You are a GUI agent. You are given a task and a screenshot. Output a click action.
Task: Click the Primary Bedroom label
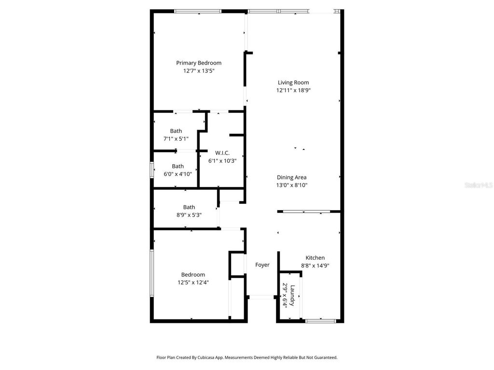click(199, 63)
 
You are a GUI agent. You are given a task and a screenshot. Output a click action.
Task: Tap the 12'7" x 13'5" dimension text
click(199, 71)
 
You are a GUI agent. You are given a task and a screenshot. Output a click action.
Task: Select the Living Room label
click(293, 82)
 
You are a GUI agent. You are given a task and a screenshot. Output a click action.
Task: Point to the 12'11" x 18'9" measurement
click(293, 90)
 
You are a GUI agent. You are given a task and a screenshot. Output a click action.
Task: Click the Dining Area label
click(291, 177)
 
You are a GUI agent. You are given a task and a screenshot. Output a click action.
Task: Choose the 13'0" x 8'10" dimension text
click(291, 185)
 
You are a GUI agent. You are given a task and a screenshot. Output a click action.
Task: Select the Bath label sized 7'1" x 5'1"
click(176, 131)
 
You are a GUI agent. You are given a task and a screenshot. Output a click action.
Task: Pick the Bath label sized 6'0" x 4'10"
click(178, 166)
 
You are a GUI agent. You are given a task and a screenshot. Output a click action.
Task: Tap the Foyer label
click(262, 265)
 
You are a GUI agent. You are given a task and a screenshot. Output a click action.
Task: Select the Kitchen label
click(315, 258)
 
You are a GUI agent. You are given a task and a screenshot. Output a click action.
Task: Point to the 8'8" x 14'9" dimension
click(315, 265)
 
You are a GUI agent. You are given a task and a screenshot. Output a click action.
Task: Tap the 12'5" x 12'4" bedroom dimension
click(193, 282)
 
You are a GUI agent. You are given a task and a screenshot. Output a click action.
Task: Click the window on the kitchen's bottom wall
click(321, 320)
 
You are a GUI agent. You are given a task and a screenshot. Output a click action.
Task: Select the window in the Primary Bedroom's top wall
click(198, 11)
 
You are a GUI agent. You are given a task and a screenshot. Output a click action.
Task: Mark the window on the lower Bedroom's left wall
click(152, 273)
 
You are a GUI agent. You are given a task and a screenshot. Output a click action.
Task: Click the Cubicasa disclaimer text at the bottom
click(247, 357)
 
